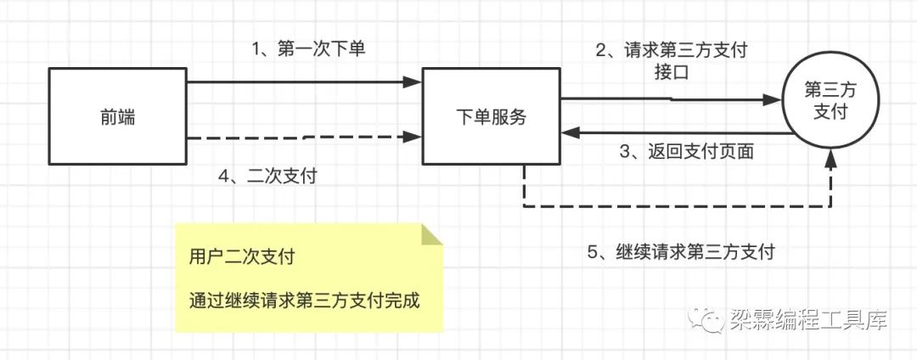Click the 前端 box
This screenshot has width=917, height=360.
(x=117, y=117)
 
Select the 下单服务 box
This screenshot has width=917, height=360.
(x=491, y=117)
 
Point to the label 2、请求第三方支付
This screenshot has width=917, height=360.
(x=671, y=49)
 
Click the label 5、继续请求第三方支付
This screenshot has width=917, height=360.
(x=680, y=252)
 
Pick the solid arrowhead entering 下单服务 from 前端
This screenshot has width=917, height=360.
(x=414, y=82)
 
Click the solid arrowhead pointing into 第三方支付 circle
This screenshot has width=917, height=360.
(x=772, y=99)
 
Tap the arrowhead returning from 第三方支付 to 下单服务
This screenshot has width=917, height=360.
(x=568, y=132)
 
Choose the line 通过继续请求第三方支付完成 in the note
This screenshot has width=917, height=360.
(x=305, y=301)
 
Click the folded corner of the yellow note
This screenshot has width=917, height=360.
(x=432, y=234)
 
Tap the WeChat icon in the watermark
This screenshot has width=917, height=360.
(x=709, y=320)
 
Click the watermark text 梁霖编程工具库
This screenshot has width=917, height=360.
(x=807, y=320)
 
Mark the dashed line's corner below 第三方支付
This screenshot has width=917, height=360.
(x=830, y=206)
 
